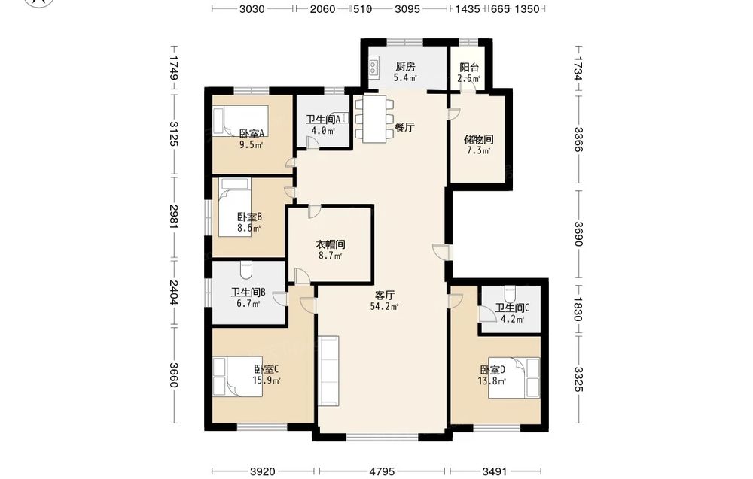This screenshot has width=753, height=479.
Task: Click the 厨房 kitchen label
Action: [405, 67]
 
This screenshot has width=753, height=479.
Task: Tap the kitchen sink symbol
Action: [373, 67]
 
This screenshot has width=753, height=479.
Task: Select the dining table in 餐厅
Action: [374, 118]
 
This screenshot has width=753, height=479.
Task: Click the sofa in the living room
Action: [328, 370]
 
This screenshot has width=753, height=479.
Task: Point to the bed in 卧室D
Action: [514, 377]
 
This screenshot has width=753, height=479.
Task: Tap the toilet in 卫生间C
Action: [510, 292]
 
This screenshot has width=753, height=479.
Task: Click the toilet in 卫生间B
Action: [246, 269]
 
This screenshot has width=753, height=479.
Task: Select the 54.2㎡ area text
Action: [384, 306]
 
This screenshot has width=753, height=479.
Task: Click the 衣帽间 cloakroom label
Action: [330, 244]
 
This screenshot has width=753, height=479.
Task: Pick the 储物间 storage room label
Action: [478, 140]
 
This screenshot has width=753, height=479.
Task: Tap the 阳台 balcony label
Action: [468, 68]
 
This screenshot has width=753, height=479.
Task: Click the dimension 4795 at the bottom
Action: [382, 471]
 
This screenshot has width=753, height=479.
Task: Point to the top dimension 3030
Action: [252, 8]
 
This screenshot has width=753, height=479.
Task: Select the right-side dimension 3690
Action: [579, 234]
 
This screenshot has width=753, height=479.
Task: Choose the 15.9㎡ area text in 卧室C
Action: [267, 380]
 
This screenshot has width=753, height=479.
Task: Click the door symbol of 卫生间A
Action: [312, 143]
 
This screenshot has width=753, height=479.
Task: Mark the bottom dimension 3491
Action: [495, 471]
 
